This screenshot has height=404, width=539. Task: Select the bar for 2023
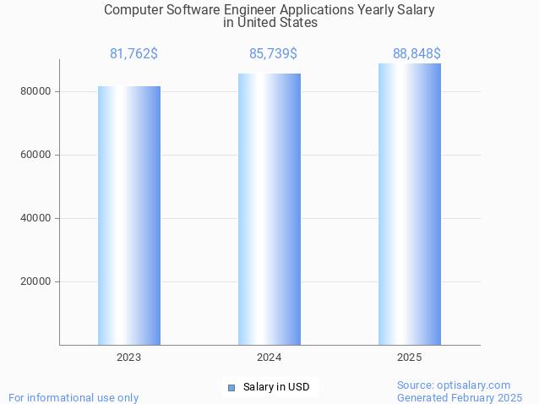coord(128,215)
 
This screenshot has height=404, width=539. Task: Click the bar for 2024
coord(269,209)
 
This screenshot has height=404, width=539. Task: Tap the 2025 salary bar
coord(409,204)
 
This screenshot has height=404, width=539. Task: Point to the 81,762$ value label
coord(133,54)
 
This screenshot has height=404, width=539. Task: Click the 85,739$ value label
coord(273,54)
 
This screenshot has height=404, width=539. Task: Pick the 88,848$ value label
coord(416,54)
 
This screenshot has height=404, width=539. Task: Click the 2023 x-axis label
coord(128,358)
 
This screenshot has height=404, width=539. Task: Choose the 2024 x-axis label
coord(269,358)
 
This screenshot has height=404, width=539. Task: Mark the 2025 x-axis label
coord(409,358)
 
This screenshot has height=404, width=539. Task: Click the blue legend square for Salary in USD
coord(231,388)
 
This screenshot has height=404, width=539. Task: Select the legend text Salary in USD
coord(276,388)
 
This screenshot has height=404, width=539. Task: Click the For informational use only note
coord(73,397)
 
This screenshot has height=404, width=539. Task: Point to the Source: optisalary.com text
coord(454,385)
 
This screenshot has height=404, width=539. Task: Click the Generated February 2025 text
coord(460,397)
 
